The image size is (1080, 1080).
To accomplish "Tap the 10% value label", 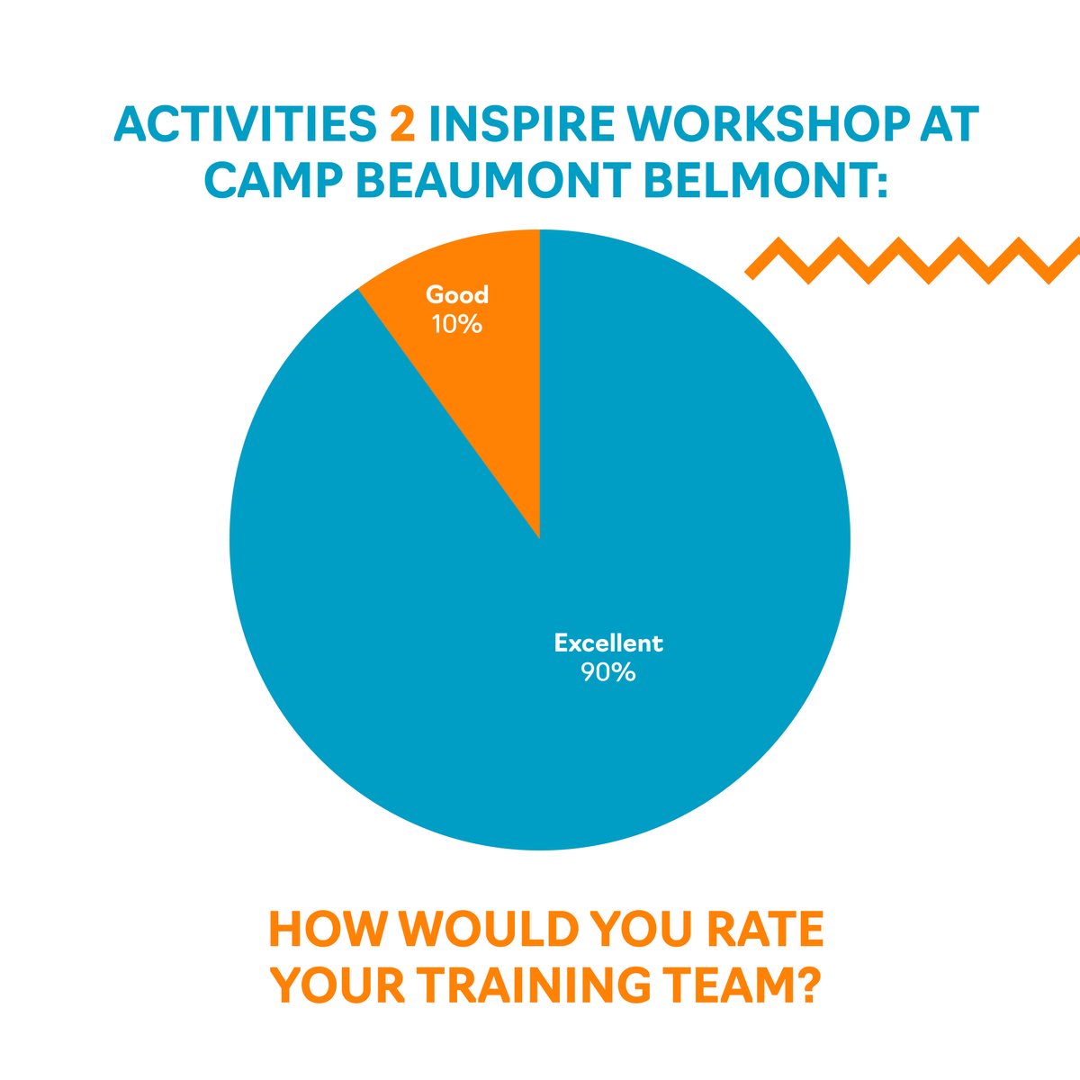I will [456, 323].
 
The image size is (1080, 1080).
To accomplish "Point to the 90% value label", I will [607, 671].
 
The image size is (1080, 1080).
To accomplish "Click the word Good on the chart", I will [456, 295].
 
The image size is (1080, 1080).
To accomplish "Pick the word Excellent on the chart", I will [608, 643].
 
